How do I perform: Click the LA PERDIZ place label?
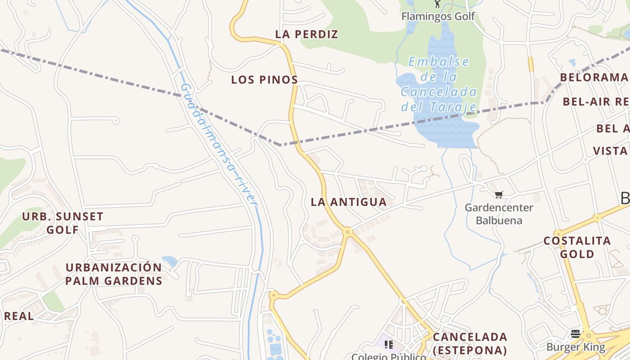coord(306,34)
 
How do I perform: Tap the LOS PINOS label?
coord(264,80)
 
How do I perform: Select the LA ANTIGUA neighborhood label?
coord(349,202)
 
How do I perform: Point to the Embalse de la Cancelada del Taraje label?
coord(438,85)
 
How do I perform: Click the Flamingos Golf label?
coord(438,17)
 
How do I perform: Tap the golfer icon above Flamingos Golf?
coord(437,4)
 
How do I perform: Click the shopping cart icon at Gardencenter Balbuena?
coord(499,195)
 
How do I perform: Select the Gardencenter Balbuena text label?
coord(499,214)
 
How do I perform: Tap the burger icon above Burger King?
coord(576,334)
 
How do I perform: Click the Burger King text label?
coord(576,347)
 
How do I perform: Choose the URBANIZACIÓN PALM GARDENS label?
coord(113,274)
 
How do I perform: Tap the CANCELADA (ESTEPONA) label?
coord(470,343)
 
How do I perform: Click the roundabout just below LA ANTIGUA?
coord(347,232)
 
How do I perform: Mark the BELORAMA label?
coord(593,77)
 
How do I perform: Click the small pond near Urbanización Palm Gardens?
coord(170,261)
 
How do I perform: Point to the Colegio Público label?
coord(388,356)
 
